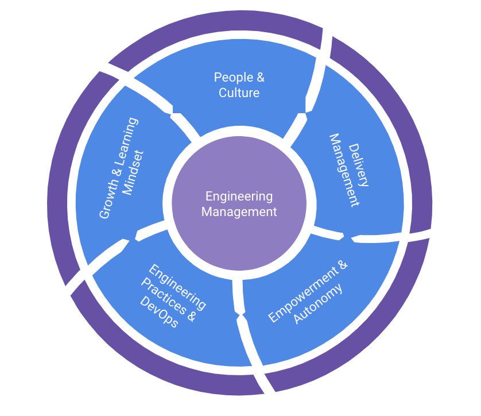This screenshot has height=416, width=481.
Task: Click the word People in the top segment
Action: [x=230, y=78]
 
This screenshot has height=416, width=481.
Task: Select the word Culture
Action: [x=239, y=93]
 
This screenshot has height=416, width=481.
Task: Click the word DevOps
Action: [x=159, y=314]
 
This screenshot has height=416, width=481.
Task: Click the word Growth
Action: [x=106, y=199]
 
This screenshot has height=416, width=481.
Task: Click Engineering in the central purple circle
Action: [x=239, y=197]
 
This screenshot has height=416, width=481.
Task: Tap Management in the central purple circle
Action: [x=239, y=211]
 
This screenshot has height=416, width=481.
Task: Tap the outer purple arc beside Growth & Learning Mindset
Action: [x=63, y=172]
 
